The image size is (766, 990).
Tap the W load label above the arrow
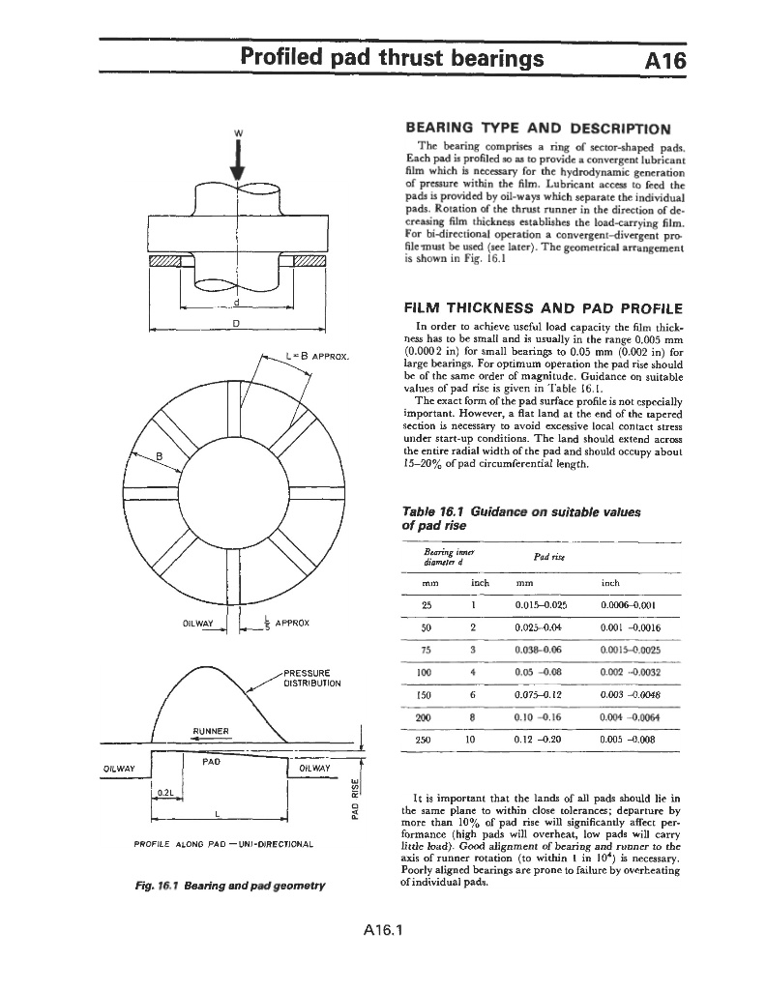tap(238, 132)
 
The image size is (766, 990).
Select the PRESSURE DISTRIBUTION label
tap(309, 679)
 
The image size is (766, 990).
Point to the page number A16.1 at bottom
tap(383, 931)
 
